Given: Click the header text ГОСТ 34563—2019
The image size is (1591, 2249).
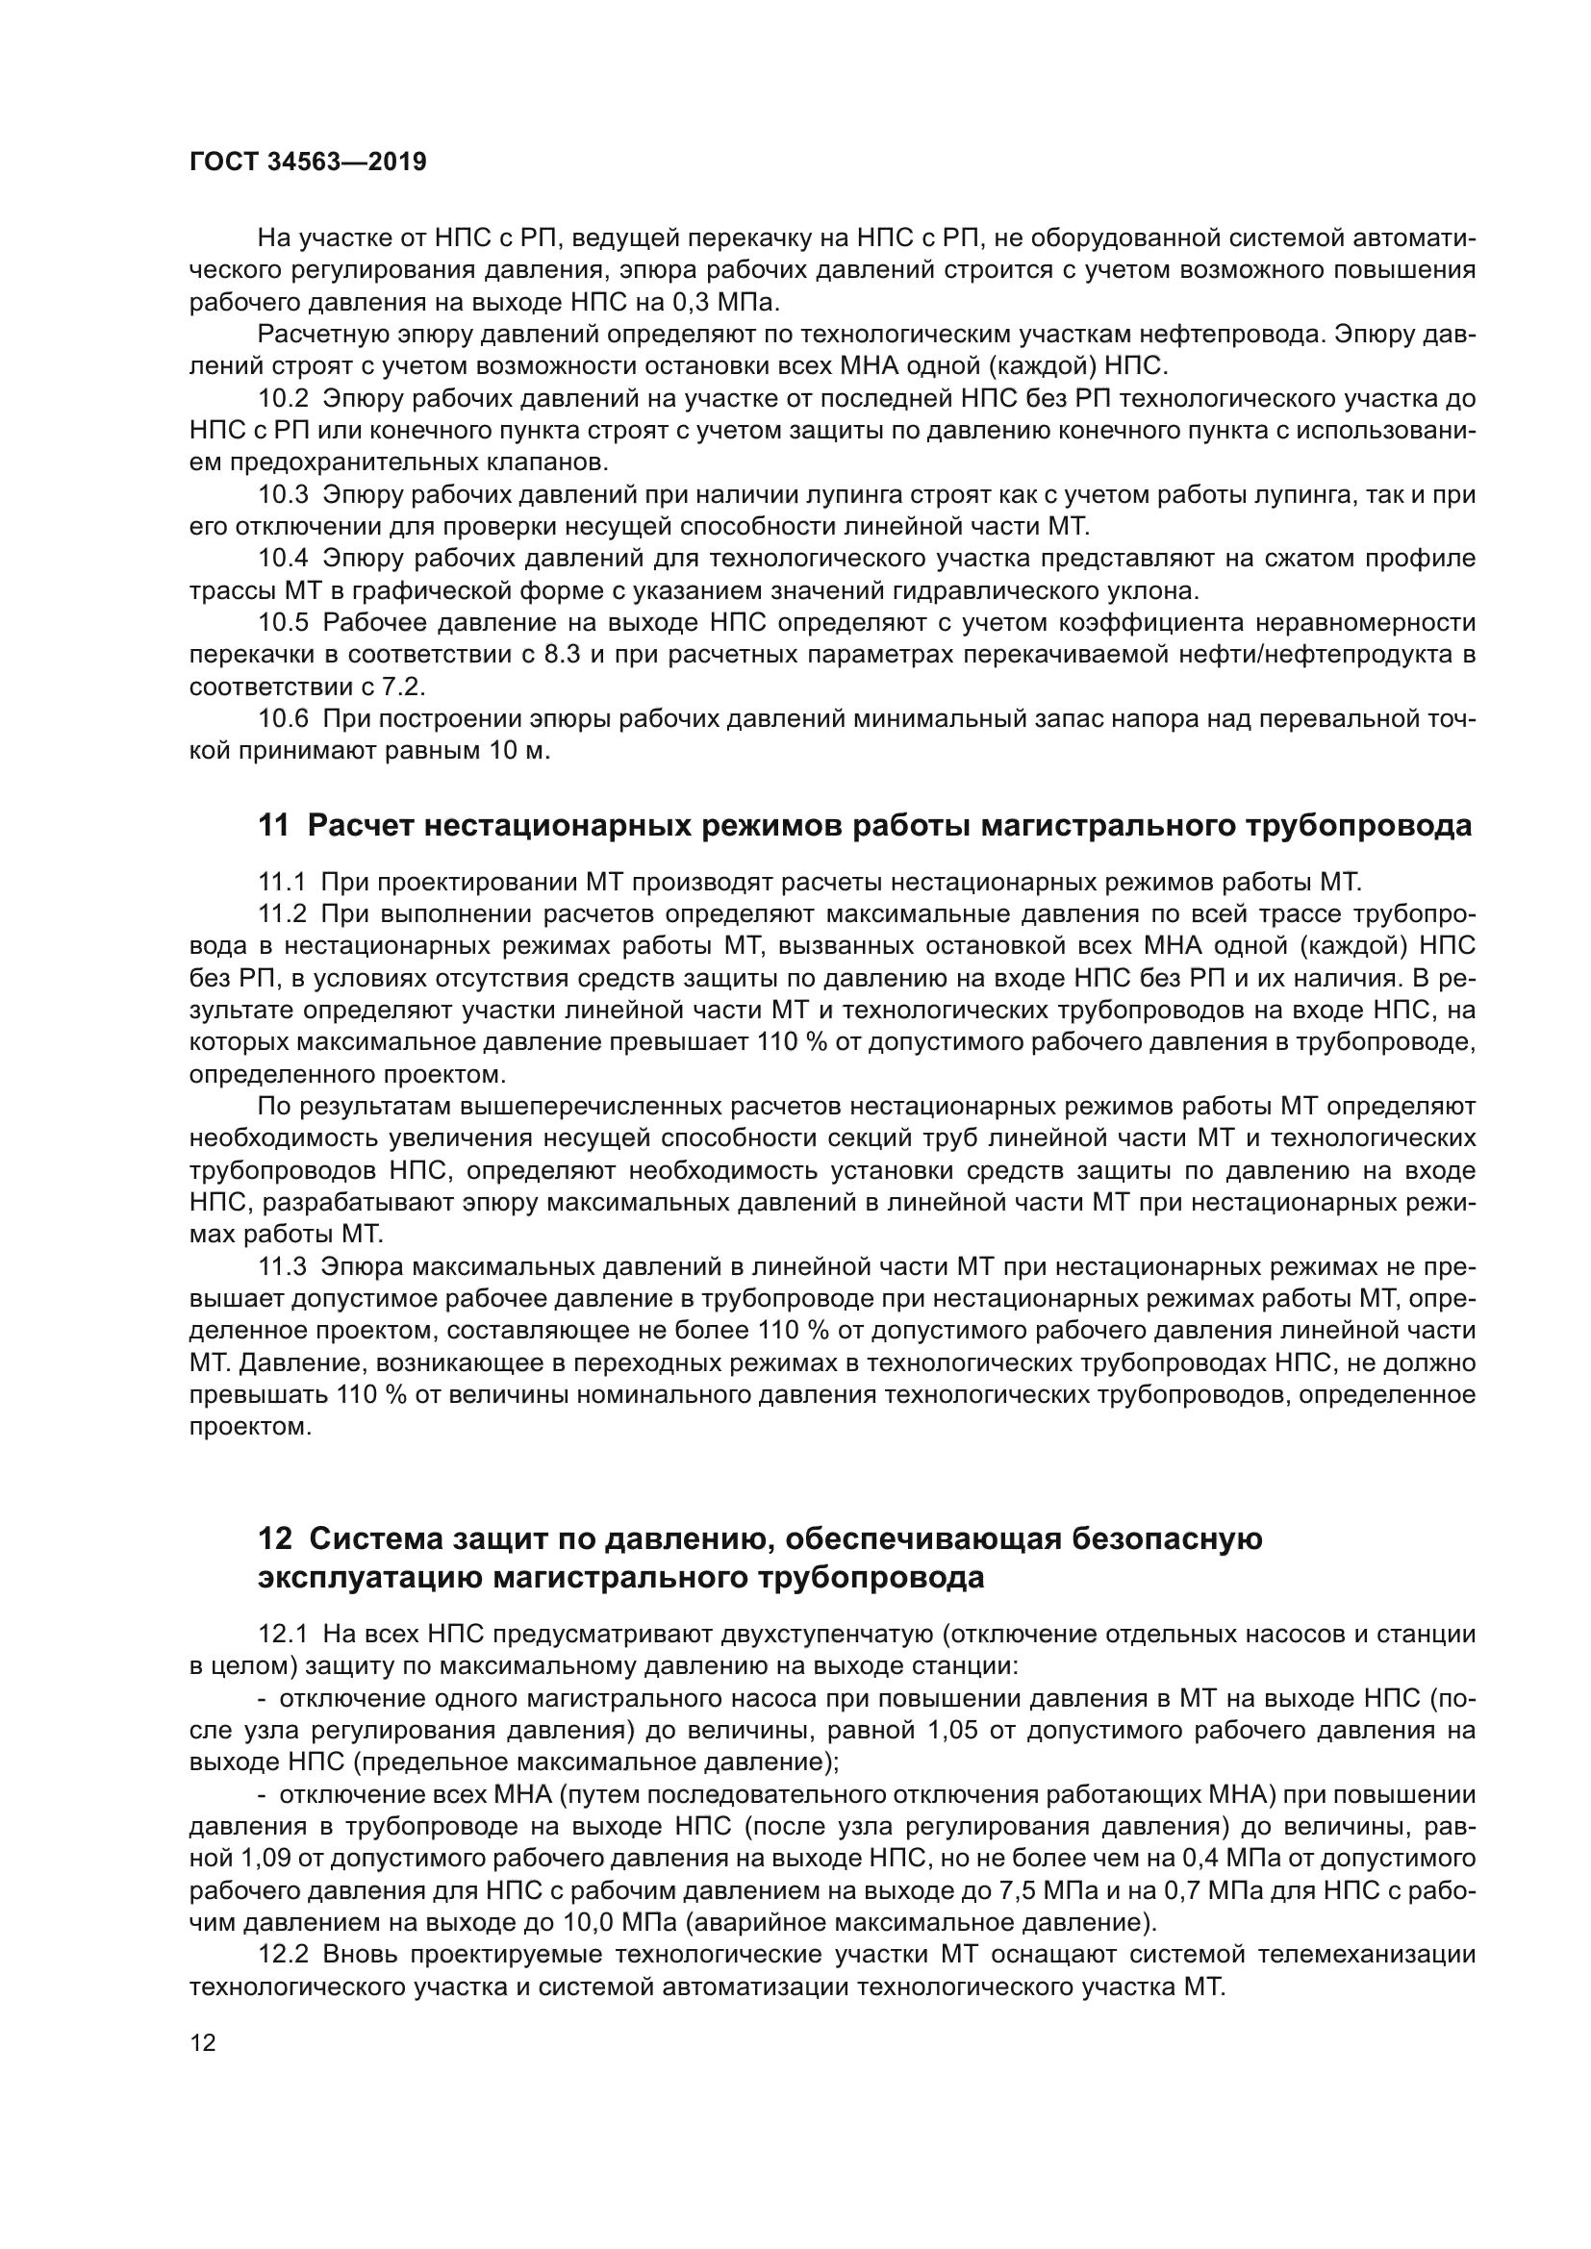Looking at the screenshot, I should (308, 162).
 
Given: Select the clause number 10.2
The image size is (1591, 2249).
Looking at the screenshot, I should (283, 399).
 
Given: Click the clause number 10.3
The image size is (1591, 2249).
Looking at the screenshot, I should (283, 494).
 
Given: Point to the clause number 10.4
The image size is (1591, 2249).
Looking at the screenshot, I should (283, 559).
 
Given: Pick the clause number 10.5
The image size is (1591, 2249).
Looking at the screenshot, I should (283, 623).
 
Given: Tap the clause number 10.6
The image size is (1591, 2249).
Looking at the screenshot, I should (283, 719).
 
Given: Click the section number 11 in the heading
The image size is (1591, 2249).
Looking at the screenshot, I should (273, 826).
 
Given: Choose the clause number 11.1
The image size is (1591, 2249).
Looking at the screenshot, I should (282, 882).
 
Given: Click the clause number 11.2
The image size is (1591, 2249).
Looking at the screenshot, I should (282, 913).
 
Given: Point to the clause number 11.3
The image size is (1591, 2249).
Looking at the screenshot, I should (282, 1267).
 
